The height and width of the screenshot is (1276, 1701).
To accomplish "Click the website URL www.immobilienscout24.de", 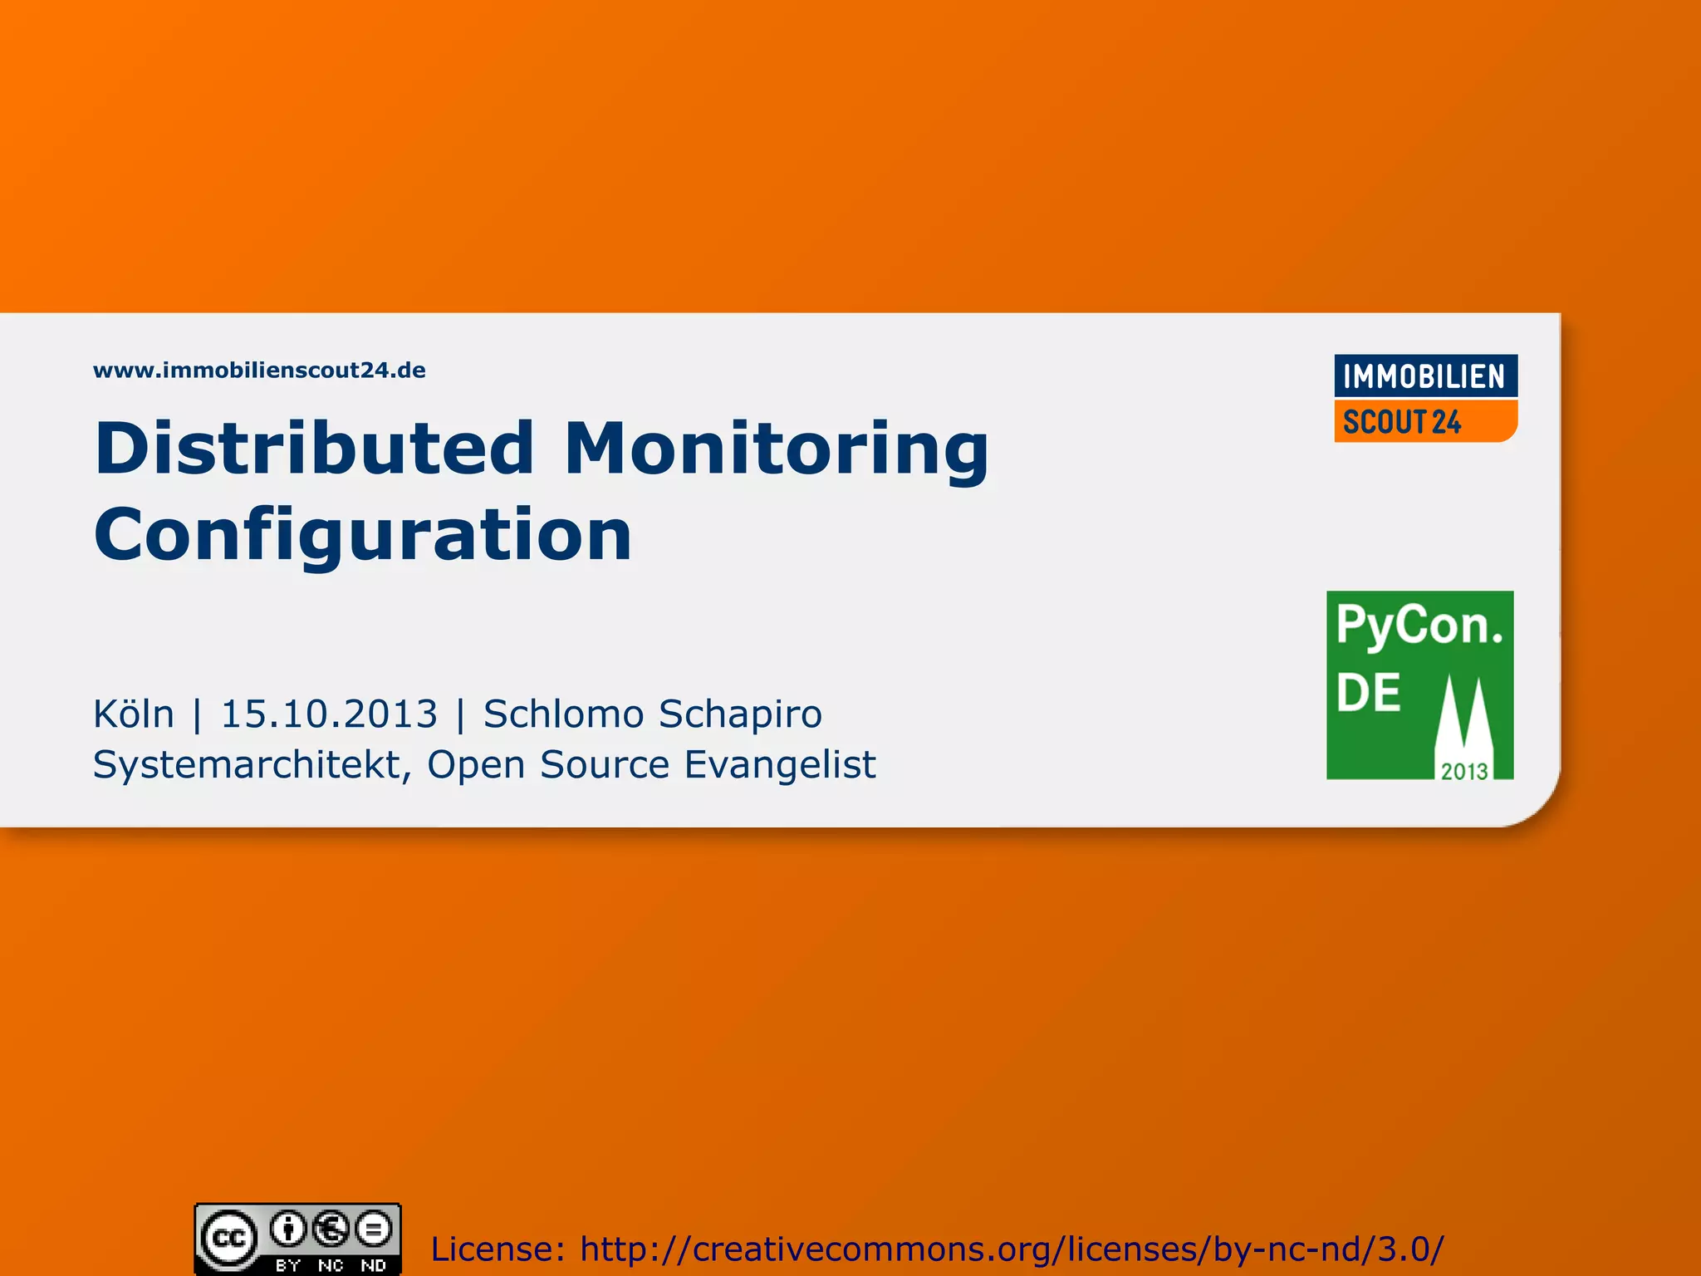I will [x=259, y=371].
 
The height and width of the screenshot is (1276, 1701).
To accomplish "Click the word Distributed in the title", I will [x=315, y=449].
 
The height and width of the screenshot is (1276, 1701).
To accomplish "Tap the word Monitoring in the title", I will [x=777, y=450].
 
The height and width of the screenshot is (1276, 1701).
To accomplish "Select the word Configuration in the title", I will [x=363, y=535].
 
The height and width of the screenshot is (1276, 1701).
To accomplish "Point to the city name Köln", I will [x=134, y=714].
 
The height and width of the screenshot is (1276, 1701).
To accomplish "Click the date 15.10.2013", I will [x=329, y=714].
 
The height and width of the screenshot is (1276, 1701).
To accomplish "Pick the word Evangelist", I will [x=780, y=765].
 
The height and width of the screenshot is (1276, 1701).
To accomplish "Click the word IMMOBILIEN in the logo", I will [x=1424, y=377].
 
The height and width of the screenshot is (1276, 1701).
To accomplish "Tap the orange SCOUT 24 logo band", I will [x=1424, y=422].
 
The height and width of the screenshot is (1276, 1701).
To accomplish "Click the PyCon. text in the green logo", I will [x=1419, y=626].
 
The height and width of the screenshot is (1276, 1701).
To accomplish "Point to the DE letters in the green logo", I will [x=1368, y=693].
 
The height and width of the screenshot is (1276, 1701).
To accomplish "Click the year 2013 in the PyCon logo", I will [x=1463, y=772].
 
